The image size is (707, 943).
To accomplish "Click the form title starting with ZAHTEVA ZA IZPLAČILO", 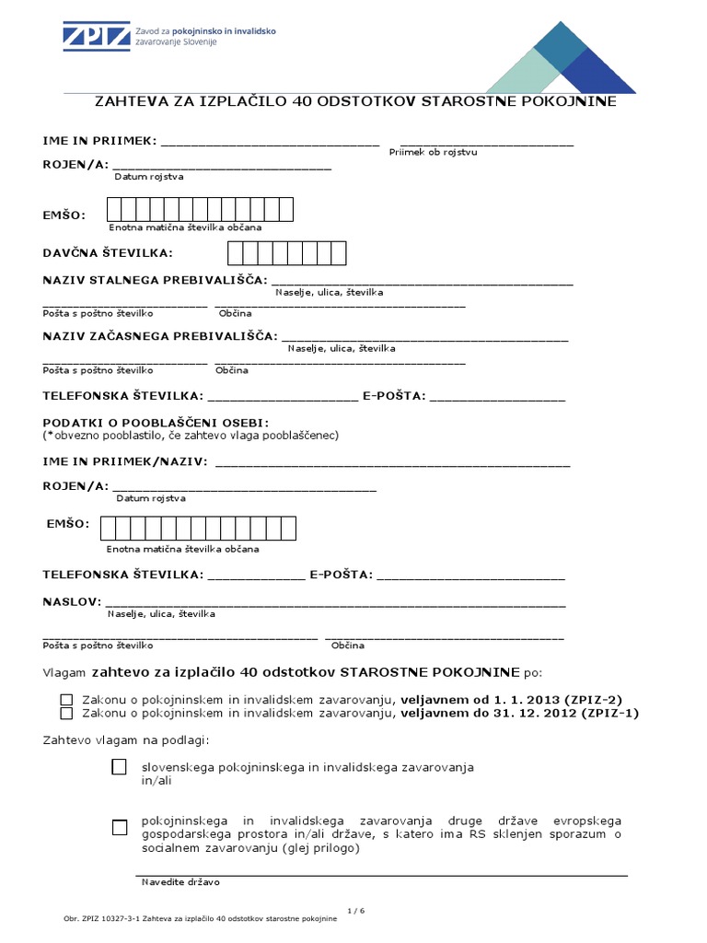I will pyautogui.click(x=356, y=101).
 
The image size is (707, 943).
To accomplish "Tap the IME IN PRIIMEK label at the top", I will pyautogui.click(x=99, y=141).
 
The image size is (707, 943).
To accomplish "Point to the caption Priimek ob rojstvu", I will pyautogui.click(x=433, y=152).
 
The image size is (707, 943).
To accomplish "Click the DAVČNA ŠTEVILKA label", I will pyautogui.click(x=108, y=252).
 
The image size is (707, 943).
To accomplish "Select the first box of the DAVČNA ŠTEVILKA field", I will pyautogui.click(x=236, y=252).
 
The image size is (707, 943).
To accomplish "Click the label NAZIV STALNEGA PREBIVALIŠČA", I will pyautogui.click(x=155, y=279).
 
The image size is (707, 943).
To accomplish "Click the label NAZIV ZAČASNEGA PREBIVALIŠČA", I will pyautogui.click(x=159, y=336).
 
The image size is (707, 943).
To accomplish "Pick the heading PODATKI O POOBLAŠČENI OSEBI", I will pyautogui.click(x=155, y=422).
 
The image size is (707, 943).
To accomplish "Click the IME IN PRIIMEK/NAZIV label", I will pyautogui.click(x=125, y=460).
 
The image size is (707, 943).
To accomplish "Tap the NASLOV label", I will pyautogui.click(x=71, y=600).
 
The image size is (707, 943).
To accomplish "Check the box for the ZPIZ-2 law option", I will pyautogui.click(x=66, y=700).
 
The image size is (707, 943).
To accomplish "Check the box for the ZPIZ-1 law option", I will pyautogui.click(x=66, y=713).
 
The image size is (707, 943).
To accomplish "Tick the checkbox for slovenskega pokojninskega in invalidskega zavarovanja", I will pyautogui.click(x=119, y=767).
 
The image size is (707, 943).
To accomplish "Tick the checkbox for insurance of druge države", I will pyautogui.click(x=119, y=827).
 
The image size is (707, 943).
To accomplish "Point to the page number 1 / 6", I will pyautogui.click(x=357, y=911).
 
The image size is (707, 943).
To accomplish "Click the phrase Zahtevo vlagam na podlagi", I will pyautogui.click(x=126, y=739).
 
